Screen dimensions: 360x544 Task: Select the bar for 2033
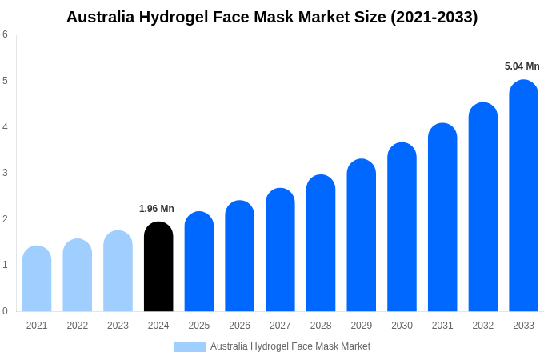(523, 196)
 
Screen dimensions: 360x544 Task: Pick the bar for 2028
(321, 243)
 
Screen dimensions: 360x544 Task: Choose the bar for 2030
(402, 227)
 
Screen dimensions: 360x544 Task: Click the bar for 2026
(239, 256)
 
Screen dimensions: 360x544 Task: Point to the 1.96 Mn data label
(157, 209)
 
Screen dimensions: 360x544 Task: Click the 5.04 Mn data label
(522, 66)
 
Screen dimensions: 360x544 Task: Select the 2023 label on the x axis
(118, 326)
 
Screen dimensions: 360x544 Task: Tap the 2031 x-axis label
(442, 326)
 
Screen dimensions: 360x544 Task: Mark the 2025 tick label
(199, 326)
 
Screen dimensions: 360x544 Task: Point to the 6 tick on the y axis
(5, 34)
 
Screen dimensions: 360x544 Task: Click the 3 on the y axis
(5, 173)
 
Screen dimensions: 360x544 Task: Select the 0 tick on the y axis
(5, 311)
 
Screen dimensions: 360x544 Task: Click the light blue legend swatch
(190, 347)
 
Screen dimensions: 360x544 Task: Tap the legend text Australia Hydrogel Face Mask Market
(290, 346)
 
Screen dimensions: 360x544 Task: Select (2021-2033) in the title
(434, 17)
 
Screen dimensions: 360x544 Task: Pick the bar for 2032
(483, 207)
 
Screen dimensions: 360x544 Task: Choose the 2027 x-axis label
(280, 326)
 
